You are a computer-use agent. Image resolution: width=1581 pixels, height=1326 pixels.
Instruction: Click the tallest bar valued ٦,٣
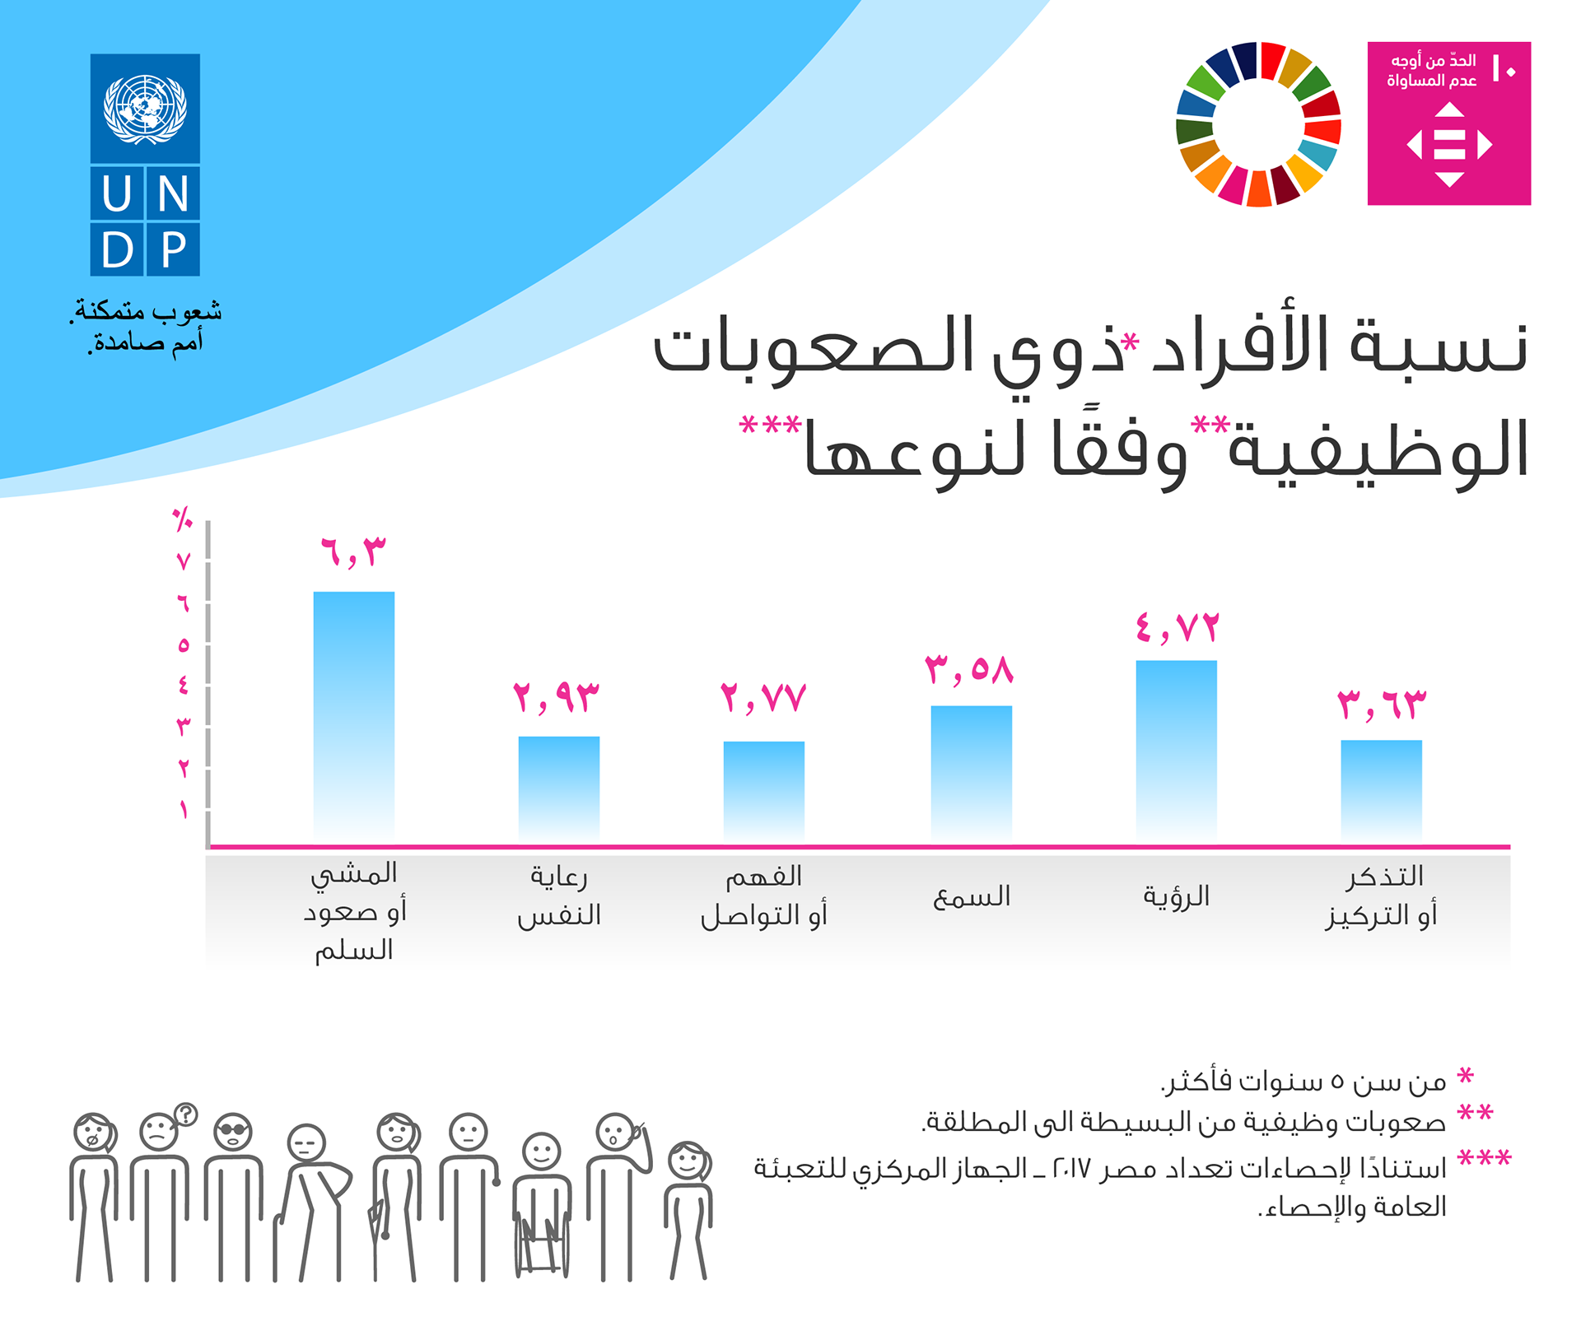pyautogui.click(x=353, y=716)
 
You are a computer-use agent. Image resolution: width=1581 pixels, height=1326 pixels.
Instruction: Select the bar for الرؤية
pyautogui.click(x=1176, y=751)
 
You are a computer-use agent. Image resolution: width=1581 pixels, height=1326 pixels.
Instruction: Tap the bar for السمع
pyautogui.click(x=971, y=773)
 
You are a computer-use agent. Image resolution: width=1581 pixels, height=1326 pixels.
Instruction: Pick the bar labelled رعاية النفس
pyautogui.click(x=558, y=789)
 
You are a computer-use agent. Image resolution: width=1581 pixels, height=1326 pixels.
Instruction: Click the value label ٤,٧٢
pyautogui.click(x=1177, y=628)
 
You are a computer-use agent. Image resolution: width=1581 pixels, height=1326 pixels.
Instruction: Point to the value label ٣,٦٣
pyautogui.click(x=1381, y=705)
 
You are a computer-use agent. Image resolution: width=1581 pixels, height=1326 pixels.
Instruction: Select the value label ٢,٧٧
pyautogui.click(x=763, y=698)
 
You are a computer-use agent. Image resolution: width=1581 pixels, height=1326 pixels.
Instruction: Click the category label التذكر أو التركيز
pyautogui.click(x=1382, y=896)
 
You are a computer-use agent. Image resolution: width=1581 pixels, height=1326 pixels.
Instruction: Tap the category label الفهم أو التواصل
pyautogui.click(x=763, y=896)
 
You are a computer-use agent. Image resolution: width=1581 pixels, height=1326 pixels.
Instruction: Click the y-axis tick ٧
pyautogui.click(x=184, y=562)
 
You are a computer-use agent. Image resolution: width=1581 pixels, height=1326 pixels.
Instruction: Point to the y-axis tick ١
pyautogui.click(x=184, y=810)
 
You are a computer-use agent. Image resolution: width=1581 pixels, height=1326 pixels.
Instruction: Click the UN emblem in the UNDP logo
pyautogui.click(x=145, y=108)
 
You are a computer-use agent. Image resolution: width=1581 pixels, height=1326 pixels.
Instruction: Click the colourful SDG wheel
pyautogui.click(x=1258, y=123)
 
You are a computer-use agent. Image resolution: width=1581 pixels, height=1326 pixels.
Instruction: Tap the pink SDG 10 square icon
pyautogui.click(x=1448, y=123)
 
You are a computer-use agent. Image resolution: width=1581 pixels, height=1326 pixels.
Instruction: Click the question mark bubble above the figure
pyautogui.click(x=186, y=1114)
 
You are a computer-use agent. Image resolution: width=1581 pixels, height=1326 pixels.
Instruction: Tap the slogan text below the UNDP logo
pyautogui.click(x=146, y=326)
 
